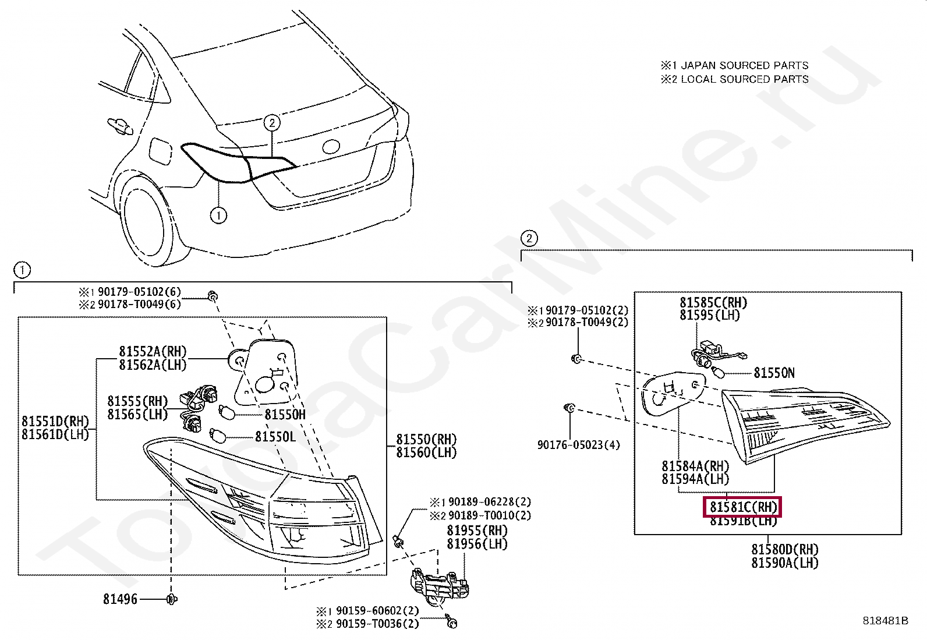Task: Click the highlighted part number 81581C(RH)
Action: [743, 507]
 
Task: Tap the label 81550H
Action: [285, 415]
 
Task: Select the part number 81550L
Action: [275, 437]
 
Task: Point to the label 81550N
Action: [774, 373]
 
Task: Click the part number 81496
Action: [120, 599]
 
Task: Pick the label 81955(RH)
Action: [477, 531]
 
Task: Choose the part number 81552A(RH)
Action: [153, 352]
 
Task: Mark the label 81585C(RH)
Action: [713, 303]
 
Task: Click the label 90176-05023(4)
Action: [578, 445]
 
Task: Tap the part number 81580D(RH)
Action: [784, 550]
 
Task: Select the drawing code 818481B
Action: [885, 621]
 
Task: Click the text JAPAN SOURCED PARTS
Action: [744, 65]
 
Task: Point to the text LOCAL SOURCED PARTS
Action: [744, 79]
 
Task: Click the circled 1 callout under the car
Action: [218, 215]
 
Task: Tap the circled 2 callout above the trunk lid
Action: [272, 123]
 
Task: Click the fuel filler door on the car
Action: [160, 151]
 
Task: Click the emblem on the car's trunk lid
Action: [331, 147]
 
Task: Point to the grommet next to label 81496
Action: [172, 599]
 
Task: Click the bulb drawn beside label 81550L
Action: [218, 435]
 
